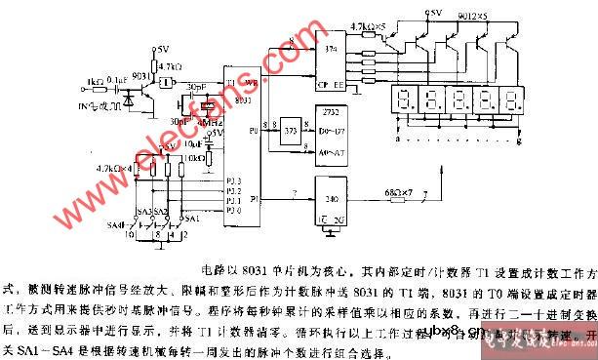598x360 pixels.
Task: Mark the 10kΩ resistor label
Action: pyautogui.click(x=192, y=156)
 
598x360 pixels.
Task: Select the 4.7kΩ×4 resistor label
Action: pyautogui.click(x=112, y=168)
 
